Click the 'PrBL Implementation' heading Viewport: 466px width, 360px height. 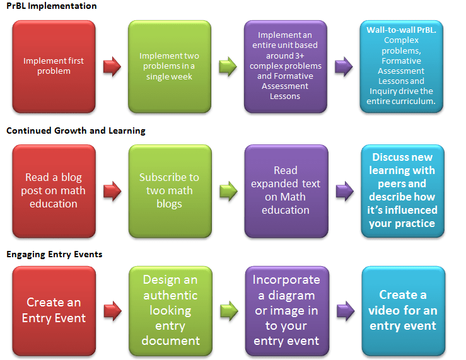[52, 6]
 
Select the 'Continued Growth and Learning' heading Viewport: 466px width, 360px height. [76, 131]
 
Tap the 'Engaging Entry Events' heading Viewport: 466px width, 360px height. [54, 255]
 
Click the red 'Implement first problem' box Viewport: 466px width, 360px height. [54, 66]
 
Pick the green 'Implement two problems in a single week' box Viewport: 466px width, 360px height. [170, 66]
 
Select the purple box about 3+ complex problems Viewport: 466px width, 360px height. [286, 66]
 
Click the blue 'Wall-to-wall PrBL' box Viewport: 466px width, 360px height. [402, 66]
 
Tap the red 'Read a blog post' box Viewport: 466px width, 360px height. [54, 190]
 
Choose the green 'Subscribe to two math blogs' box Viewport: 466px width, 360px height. [170, 190]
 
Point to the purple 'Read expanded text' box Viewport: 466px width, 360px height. [286, 190]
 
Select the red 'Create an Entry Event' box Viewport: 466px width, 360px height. [54, 310]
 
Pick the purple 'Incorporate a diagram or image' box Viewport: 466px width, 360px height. [286, 310]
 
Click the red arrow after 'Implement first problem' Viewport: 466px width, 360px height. [112, 67]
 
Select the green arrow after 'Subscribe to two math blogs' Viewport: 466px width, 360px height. [228, 191]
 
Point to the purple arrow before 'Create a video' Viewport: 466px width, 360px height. [344, 310]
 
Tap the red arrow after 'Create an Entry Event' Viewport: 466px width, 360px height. [112, 310]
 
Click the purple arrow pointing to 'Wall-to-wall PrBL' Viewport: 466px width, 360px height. [344, 67]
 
